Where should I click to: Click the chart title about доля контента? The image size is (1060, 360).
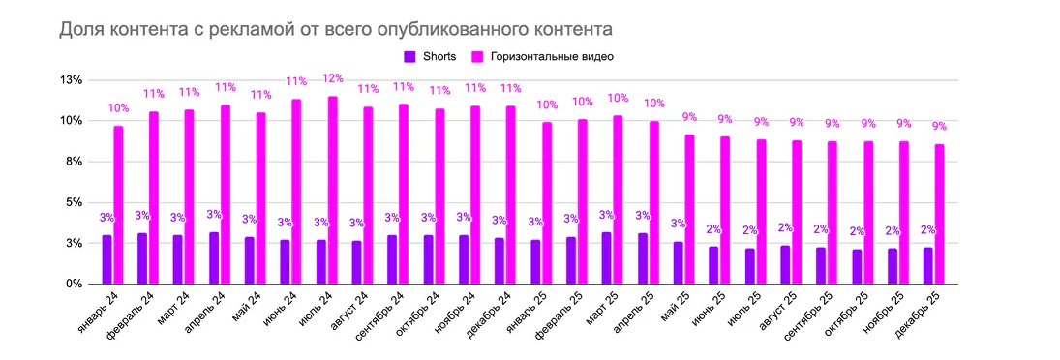point(335,29)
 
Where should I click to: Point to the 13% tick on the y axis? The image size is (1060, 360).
point(71,80)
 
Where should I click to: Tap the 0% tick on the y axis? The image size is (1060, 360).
point(74,285)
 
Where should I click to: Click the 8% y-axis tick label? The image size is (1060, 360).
point(74,162)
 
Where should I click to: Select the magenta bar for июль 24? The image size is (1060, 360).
point(332,190)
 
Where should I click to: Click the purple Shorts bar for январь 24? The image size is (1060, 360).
point(106,259)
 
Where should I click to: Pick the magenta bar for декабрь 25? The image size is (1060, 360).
point(939,214)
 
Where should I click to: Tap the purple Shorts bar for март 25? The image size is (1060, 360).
point(606,257)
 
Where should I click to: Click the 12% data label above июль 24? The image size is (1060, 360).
point(332,78)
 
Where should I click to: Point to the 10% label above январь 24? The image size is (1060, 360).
point(118,108)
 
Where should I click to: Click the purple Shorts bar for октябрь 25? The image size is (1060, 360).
point(856,266)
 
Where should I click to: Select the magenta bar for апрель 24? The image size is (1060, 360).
point(226,195)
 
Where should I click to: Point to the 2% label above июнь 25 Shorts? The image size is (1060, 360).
point(713,229)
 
